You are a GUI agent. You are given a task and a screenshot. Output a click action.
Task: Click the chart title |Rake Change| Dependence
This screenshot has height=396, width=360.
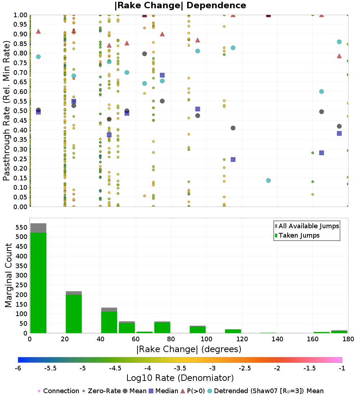point(180,5)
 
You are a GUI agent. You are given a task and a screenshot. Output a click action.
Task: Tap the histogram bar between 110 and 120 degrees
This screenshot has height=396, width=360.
point(233,331)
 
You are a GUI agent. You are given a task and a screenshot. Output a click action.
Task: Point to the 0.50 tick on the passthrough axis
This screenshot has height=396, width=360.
point(21,111)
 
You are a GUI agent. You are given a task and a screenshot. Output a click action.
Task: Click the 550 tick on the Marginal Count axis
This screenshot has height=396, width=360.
point(21,227)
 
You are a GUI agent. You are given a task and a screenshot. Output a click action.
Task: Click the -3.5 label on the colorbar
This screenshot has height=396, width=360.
point(180,368)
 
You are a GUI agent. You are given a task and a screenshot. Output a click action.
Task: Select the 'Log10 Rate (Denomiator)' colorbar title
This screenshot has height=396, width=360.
point(180,378)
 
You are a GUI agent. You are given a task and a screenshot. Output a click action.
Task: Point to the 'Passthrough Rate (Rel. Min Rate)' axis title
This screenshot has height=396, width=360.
point(6,111)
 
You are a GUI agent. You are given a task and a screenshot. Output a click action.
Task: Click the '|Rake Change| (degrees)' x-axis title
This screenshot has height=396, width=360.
point(189,349)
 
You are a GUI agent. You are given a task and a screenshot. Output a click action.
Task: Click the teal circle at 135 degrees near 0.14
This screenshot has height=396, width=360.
point(268,180)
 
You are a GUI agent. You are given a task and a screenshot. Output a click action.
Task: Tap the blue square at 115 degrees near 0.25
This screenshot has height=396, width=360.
point(233,159)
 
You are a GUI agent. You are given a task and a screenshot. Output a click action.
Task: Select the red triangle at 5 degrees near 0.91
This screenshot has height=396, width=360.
point(38,31)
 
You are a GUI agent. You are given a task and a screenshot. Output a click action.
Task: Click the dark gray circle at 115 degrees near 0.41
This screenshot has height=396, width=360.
point(233,128)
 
